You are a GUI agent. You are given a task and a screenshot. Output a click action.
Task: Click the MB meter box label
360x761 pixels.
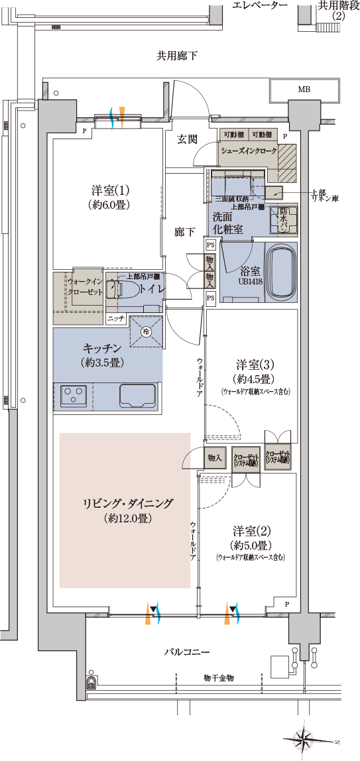click(x=304, y=89)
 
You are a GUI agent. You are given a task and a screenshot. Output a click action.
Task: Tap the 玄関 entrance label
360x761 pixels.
click(x=188, y=139)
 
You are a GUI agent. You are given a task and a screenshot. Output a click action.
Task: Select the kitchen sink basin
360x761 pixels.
click(x=137, y=395)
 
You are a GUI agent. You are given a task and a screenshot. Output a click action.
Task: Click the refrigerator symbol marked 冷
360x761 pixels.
click(x=146, y=331)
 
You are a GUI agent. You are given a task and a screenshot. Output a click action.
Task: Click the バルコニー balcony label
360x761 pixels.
click(x=187, y=652)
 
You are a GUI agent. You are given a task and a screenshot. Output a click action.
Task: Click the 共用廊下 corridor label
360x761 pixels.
click(x=177, y=56)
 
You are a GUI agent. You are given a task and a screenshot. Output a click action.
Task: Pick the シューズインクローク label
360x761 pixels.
click(x=248, y=150)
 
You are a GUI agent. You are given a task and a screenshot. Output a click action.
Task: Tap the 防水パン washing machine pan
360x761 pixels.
click(x=283, y=219)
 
